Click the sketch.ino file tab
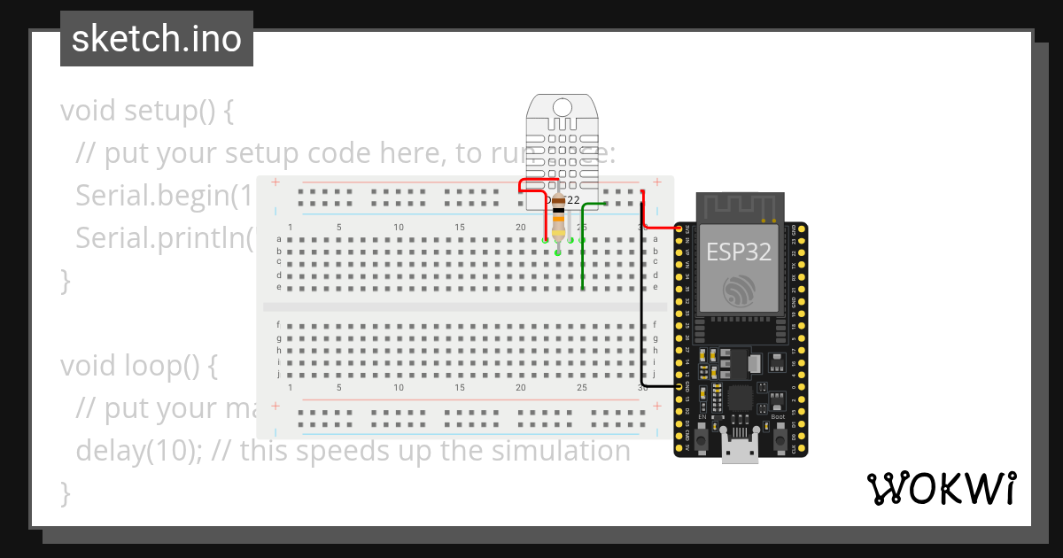point(157,39)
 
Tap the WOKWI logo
point(941,488)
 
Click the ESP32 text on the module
point(738,252)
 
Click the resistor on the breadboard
point(558,221)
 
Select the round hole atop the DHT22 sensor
point(562,107)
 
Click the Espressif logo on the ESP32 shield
point(738,291)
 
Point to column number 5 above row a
point(338,228)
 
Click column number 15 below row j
point(460,387)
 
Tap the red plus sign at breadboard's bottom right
point(656,406)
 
